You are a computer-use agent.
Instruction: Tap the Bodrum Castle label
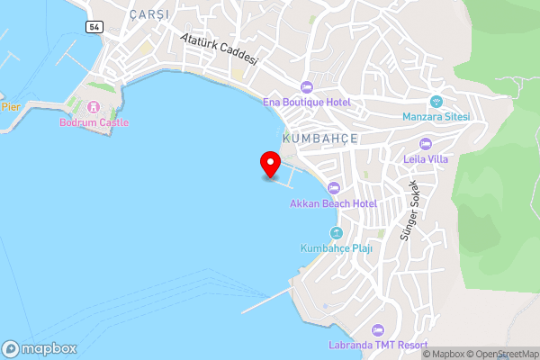94,122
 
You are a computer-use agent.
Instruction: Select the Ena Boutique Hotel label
306,102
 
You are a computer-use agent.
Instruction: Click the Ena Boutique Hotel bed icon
306,87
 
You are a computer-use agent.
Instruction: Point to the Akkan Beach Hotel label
333,203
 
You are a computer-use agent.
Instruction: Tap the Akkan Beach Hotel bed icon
334,188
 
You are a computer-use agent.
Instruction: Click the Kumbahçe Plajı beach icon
336,233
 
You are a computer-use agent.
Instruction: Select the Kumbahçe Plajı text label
336,247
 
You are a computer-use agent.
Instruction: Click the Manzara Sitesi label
437,116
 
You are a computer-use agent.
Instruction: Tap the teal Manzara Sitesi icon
437,101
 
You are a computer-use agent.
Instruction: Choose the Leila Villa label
427,159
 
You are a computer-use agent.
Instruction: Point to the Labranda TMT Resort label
377,346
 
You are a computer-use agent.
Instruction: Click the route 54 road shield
94,27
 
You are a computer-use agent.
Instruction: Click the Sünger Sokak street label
410,213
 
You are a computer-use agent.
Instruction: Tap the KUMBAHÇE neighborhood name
320,139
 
